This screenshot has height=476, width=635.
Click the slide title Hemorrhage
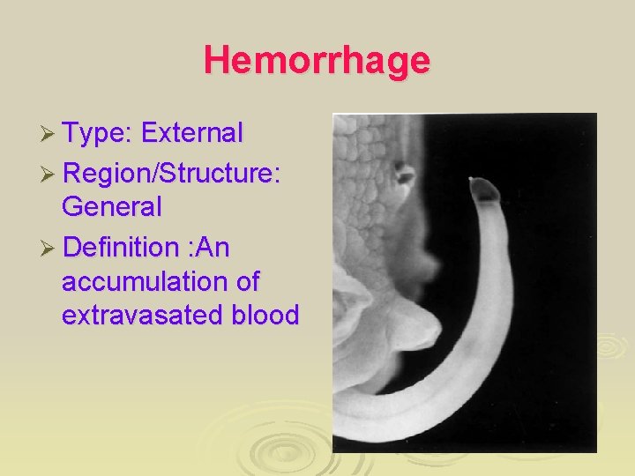tap(317, 61)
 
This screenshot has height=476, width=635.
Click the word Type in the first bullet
tap(96, 133)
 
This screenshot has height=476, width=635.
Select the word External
tap(191, 133)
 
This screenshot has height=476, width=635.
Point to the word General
tap(112, 208)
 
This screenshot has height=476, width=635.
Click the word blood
tap(263, 315)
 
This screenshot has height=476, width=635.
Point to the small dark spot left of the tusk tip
tap(405, 174)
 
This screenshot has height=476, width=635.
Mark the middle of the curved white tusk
tap(489, 335)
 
